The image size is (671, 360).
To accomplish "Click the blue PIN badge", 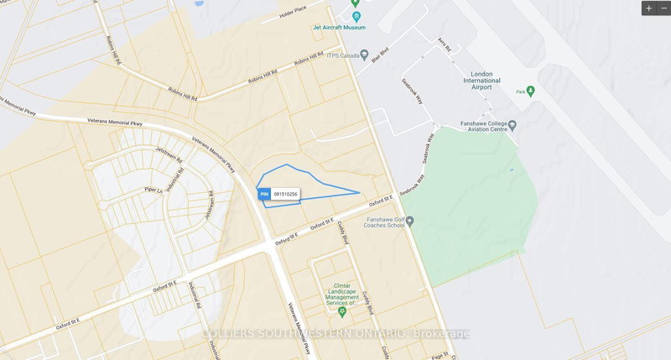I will click(x=263, y=195).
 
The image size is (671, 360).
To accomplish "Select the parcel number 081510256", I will click(x=286, y=195).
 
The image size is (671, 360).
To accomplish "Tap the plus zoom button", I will click(x=648, y=8).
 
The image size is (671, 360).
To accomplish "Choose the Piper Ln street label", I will click(x=152, y=190).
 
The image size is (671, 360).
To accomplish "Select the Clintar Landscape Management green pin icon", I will click(x=341, y=312).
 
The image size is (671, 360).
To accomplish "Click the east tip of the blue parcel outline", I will click(x=361, y=192).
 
